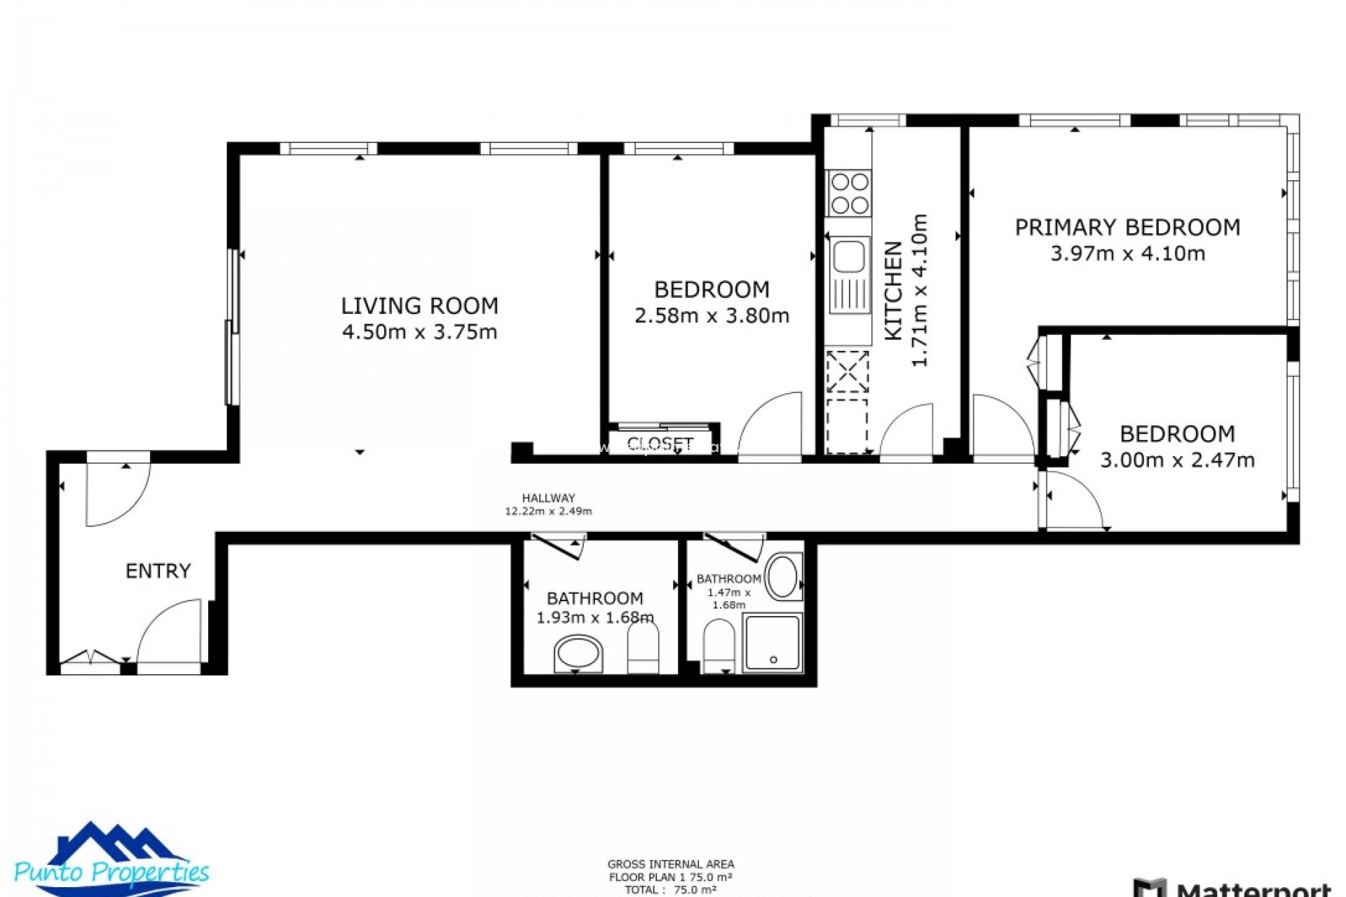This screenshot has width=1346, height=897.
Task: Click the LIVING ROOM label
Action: pyautogui.click(x=419, y=306)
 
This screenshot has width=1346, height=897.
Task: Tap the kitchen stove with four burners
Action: pyautogui.click(x=849, y=193)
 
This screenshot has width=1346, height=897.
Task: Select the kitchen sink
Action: pyautogui.click(x=849, y=256)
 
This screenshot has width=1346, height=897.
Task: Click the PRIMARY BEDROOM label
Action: pyautogui.click(x=1127, y=228)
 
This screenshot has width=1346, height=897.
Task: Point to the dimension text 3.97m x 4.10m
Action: pyautogui.click(x=1127, y=254)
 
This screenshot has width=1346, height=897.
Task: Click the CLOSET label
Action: pyautogui.click(x=660, y=444)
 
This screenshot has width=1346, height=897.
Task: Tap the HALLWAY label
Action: pyautogui.click(x=548, y=498)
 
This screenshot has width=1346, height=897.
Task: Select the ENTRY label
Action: pyautogui.click(x=158, y=571)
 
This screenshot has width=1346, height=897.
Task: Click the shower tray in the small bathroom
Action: pyautogui.click(x=773, y=643)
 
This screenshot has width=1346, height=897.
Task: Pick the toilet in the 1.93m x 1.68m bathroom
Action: pyautogui.click(x=643, y=648)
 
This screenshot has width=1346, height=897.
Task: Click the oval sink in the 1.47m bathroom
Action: pyautogui.click(x=782, y=577)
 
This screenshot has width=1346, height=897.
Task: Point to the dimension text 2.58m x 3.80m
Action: pyautogui.click(x=712, y=316)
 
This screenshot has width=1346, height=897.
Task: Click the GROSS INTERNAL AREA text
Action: pyautogui.click(x=671, y=864)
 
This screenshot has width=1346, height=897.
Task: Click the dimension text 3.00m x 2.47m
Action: pyautogui.click(x=1177, y=460)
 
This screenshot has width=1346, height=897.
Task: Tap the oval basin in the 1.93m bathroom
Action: pyautogui.click(x=578, y=654)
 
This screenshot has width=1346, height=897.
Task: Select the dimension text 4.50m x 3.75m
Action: pyautogui.click(x=419, y=332)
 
